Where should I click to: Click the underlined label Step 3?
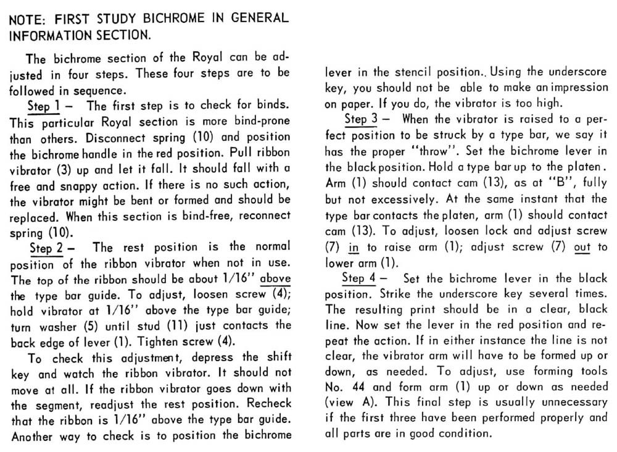[x=363, y=118]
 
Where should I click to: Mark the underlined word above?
[x=275, y=278]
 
